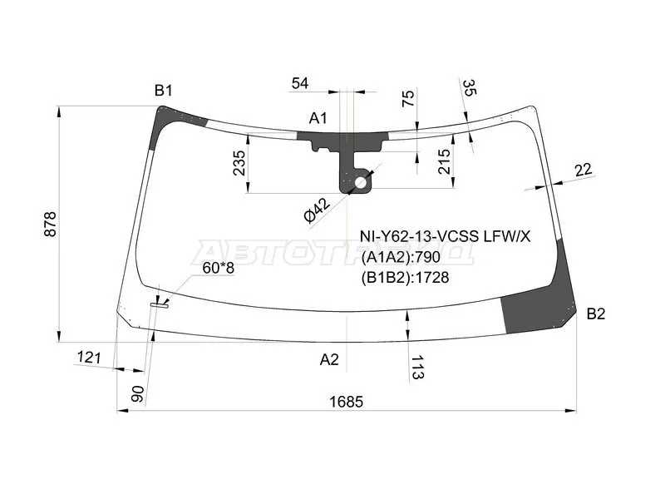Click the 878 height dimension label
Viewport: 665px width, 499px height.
point(50,224)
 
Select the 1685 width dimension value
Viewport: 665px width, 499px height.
point(347,402)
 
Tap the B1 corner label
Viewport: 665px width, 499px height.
point(163,91)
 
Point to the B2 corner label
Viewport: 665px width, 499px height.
point(595,314)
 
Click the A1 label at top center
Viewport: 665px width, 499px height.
point(318,118)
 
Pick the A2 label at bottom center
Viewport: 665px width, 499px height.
point(329,359)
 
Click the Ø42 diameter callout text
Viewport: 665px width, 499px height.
point(318,210)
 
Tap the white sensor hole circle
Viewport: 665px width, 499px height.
point(361,183)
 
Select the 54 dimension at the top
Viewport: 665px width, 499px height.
point(300,83)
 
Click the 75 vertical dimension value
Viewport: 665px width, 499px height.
point(407,98)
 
